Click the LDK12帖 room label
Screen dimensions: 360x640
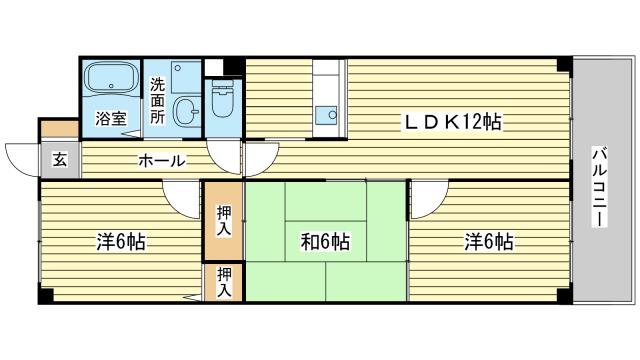tap(451, 122)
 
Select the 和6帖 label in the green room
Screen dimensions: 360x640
tap(325, 241)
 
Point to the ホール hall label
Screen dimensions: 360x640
tap(160, 160)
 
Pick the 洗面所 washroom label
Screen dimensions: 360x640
tap(158, 100)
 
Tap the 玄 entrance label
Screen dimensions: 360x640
tap(59, 159)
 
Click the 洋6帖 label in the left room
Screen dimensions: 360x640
tap(121, 241)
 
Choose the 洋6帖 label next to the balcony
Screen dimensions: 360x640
tap(488, 241)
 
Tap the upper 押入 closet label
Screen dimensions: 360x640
tap(224, 219)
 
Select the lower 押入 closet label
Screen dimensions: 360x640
tap(224, 282)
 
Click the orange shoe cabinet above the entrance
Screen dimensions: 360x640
tap(58, 128)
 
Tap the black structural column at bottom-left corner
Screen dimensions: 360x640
tap(45, 297)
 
